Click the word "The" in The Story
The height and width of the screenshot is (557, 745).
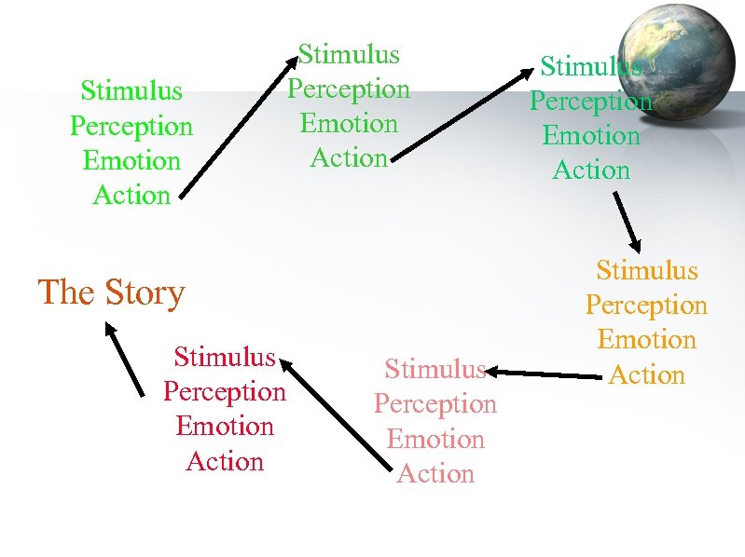pyautogui.click(x=66, y=292)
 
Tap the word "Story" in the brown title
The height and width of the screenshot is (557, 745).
pyautogui.click(x=144, y=293)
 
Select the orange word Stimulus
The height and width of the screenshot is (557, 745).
pyautogui.click(x=646, y=270)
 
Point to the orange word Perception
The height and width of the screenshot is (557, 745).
pyautogui.click(x=646, y=306)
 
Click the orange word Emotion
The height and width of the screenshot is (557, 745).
pyautogui.click(x=646, y=340)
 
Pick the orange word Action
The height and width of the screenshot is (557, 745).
pyautogui.click(x=646, y=375)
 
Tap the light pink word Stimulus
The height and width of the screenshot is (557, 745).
pyautogui.click(x=435, y=370)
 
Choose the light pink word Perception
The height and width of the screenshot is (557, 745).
pyautogui.click(x=435, y=404)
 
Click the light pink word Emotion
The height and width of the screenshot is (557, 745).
pyautogui.click(x=435, y=439)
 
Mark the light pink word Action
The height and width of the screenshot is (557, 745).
pyautogui.click(x=435, y=474)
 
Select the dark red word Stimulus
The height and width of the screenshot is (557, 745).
pyautogui.click(x=225, y=357)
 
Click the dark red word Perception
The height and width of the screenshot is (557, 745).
pyautogui.click(x=225, y=391)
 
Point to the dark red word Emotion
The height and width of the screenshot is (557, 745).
pyautogui.click(x=225, y=427)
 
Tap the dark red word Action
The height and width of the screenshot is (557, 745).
pyautogui.click(x=225, y=461)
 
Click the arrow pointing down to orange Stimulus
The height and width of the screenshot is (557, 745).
pyautogui.click(x=626, y=222)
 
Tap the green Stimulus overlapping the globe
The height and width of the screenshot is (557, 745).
pyautogui.click(x=591, y=67)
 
